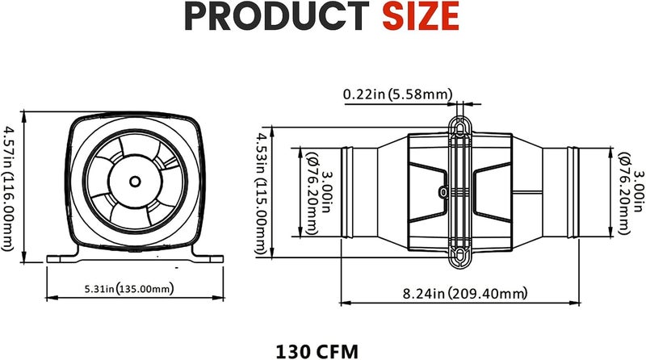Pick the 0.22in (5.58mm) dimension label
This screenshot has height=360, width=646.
click(x=396, y=94)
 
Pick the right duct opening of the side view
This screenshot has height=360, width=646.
click(x=573, y=192)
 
